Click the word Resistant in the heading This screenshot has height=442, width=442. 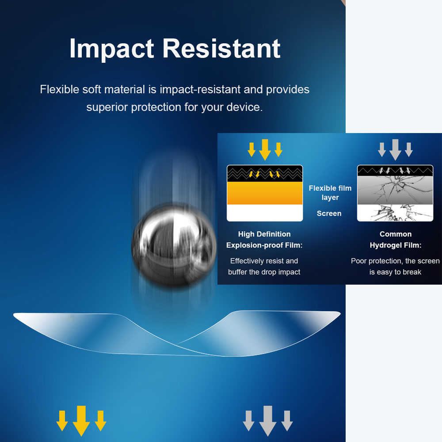pyautogui.click(x=221, y=49)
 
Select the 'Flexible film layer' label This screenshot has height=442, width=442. pyautogui.click(x=330, y=193)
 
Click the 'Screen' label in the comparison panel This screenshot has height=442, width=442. pyautogui.click(x=329, y=213)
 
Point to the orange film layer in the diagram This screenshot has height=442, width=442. pyautogui.click(x=265, y=193)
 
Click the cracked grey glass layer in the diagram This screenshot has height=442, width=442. pyautogui.click(x=395, y=190)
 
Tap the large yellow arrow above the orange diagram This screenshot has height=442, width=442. pyautogui.click(x=265, y=150)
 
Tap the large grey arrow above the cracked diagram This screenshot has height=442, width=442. pyautogui.click(x=395, y=150)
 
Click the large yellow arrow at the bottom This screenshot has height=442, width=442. pyautogui.click(x=81, y=421)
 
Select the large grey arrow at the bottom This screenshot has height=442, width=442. pyautogui.click(x=268, y=421)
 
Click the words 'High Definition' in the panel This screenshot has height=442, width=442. pyautogui.click(x=264, y=234)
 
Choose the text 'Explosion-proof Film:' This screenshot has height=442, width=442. pyautogui.click(x=264, y=245)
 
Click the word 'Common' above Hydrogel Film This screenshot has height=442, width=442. pyautogui.click(x=396, y=234)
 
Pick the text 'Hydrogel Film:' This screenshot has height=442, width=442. pyautogui.click(x=396, y=245)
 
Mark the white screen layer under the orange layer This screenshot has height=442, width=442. pyautogui.click(x=265, y=213)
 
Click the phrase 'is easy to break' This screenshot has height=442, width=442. pyautogui.click(x=395, y=272)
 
